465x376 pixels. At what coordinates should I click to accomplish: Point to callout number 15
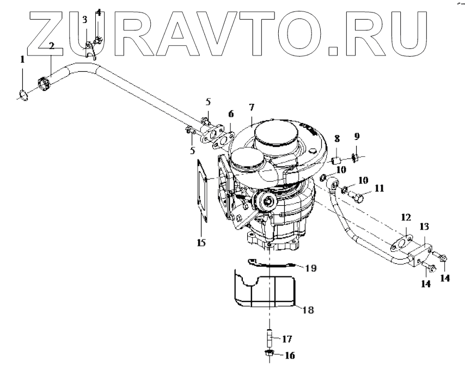tap(201, 243)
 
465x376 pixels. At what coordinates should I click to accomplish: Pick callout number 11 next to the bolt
tap(378, 189)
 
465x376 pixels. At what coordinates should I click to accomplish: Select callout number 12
tap(406, 218)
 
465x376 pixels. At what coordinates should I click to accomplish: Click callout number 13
tap(424, 226)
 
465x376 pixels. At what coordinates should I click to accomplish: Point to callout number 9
tap(357, 136)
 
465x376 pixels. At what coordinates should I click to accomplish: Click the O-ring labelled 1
tap(22, 95)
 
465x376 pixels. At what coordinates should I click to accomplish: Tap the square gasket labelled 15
tap(203, 190)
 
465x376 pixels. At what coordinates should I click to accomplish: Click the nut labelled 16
tap(270, 355)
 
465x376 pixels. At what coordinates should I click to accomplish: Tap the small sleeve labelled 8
tap(335, 160)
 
